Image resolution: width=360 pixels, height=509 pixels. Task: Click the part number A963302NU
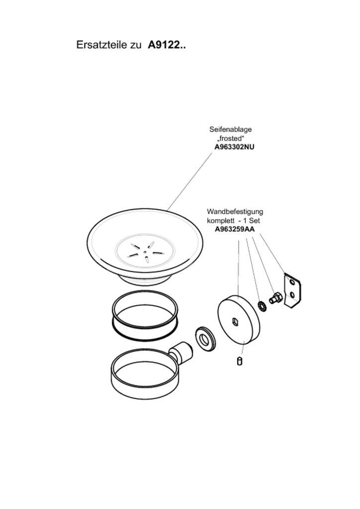(234, 147)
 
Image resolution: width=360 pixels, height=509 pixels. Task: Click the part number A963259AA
(235, 229)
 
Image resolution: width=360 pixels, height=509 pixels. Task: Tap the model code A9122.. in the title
(167, 45)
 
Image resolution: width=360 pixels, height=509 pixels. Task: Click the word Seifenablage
(230, 129)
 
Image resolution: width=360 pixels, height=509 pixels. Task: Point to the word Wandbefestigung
(235, 211)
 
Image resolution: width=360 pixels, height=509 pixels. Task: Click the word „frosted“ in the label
(231, 138)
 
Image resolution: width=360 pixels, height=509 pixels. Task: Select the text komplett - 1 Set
(233, 220)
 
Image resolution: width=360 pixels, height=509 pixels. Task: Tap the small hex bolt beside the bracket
(274, 299)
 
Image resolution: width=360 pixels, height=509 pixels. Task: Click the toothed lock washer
(262, 305)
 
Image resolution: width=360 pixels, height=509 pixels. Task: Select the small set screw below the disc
(240, 361)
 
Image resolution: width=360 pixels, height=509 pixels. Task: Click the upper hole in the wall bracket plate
(292, 282)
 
